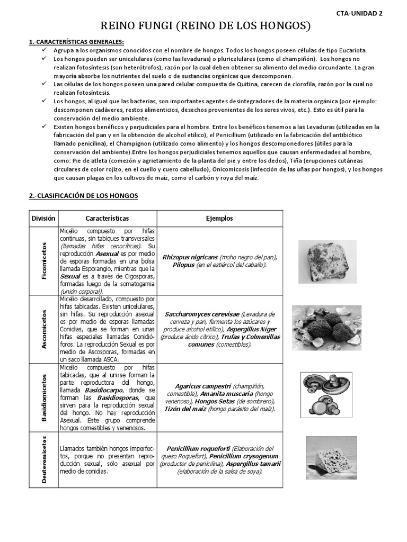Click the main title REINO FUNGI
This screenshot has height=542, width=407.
[x=205, y=26]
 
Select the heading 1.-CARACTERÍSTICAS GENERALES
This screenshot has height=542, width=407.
[x=76, y=41]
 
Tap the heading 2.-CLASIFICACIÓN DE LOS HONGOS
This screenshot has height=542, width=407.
[x=83, y=196]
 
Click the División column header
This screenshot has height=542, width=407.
[x=43, y=218]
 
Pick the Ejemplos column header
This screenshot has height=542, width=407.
[x=219, y=218]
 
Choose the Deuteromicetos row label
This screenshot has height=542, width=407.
[x=44, y=458]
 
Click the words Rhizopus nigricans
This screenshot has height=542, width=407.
[x=190, y=257]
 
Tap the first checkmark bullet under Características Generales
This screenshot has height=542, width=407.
[x=45, y=50]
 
